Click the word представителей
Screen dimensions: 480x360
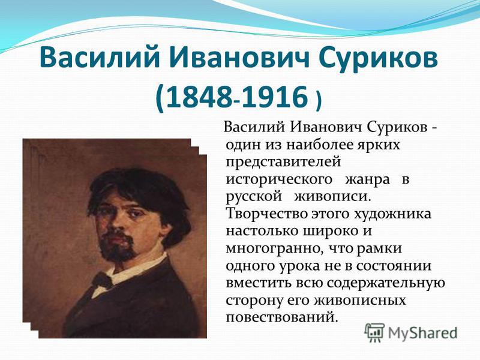283,162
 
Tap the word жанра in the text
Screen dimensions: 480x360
367,179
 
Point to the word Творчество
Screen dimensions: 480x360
266,214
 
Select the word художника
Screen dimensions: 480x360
392,214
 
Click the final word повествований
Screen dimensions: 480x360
282,317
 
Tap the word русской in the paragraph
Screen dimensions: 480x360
253,197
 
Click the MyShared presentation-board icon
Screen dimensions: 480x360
374,332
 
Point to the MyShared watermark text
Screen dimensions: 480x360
422,333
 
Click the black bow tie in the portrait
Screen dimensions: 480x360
103,280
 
